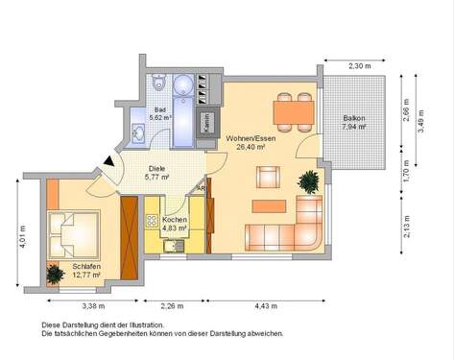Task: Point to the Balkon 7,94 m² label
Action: [354, 123]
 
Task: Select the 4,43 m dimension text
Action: [266, 306]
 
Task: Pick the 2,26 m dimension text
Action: [172, 306]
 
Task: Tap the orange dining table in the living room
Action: [294, 113]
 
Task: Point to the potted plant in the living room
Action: [309, 180]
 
